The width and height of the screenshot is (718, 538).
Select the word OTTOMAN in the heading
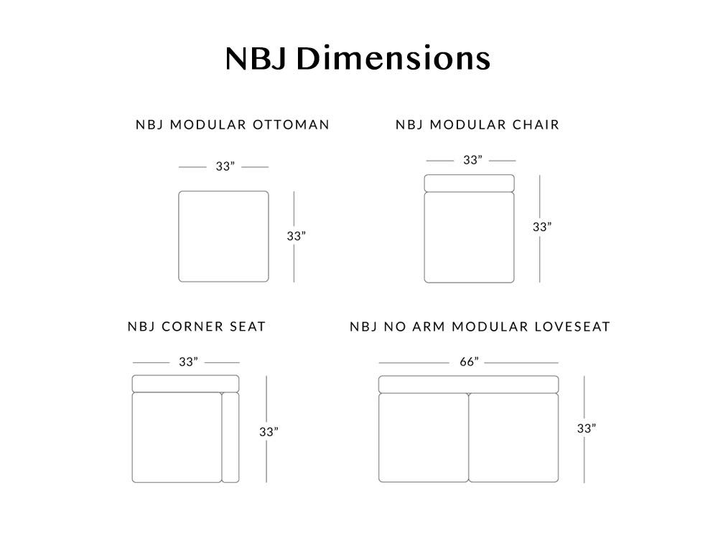(291, 124)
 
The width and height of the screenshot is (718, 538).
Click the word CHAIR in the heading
(536, 124)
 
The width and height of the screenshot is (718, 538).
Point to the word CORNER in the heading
(192, 326)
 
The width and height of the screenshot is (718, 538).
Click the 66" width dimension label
(469, 362)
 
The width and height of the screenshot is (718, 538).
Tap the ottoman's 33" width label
(225, 166)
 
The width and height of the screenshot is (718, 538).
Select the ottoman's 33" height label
(296, 235)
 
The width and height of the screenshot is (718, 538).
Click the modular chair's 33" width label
(472, 160)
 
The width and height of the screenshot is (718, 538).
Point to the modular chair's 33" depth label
(541, 227)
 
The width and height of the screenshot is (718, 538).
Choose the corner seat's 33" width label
(188, 362)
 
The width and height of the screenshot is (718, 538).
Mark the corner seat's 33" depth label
(269, 431)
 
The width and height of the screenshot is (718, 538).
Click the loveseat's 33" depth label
(586, 428)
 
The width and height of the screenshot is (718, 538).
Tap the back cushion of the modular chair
(469, 183)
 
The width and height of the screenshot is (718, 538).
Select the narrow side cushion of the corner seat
(230, 437)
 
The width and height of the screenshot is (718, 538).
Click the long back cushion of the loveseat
(468, 384)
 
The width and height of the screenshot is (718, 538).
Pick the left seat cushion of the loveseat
(424, 438)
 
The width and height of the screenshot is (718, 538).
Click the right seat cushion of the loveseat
(513, 438)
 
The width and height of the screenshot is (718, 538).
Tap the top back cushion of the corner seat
(185, 383)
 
